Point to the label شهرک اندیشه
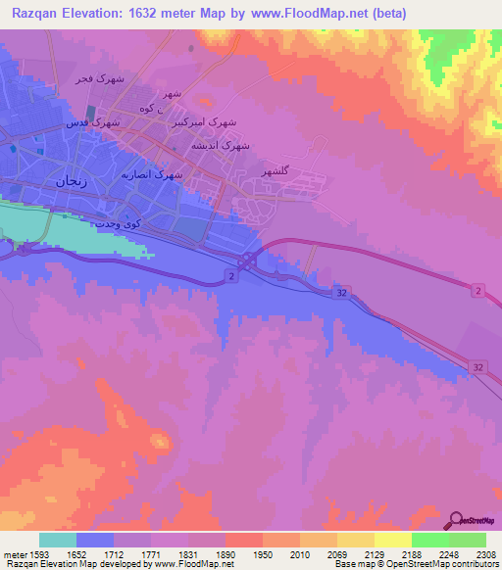(225, 144)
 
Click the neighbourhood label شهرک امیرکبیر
(204, 122)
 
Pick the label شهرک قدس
(93, 123)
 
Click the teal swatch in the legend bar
(58, 540)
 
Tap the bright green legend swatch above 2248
(429, 540)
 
